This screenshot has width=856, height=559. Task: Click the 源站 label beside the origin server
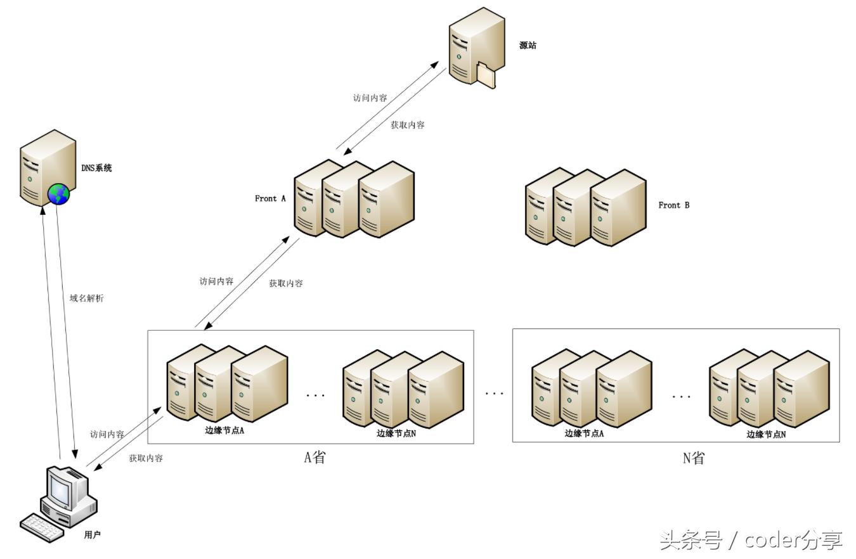coord(528,46)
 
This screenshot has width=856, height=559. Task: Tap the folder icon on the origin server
coord(485,75)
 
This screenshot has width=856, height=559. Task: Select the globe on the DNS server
coord(59,194)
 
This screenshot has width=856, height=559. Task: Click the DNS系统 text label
coord(96,168)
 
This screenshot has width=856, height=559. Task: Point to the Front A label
coord(270,198)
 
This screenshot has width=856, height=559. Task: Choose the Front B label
coord(673,205)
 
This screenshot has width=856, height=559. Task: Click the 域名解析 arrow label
coord(86,298)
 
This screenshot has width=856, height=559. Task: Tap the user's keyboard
coord(42,527)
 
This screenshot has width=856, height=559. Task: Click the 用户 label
coord(92,535)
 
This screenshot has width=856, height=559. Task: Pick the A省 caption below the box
coord(315,457)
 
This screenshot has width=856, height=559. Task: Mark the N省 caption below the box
coord(693,458)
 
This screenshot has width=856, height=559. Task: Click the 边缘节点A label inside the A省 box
coord(224,430)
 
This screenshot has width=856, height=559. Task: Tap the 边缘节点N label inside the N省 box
coord(766,434)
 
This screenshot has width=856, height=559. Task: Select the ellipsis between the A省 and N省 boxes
coord(494,394)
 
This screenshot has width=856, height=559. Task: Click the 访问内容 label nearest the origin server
coord(370,98)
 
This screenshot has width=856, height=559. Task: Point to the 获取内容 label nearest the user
coord(146,458)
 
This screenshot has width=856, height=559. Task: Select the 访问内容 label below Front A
coord(216,281)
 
